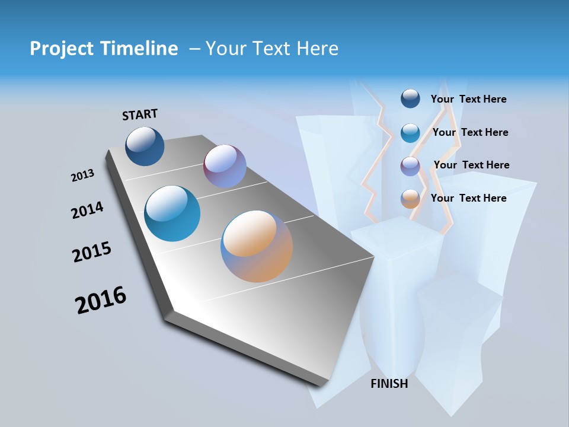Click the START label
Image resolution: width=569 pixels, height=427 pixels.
(x=140, y=114)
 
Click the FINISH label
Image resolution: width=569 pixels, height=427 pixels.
(x=389, y=384)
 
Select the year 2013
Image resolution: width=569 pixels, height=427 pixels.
(x=82, y=176)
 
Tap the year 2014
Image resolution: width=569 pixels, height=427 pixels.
(x=87, y=210)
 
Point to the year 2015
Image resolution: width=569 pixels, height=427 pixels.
(x=92, y=252)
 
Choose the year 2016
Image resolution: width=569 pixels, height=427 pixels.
(x=101, y=300)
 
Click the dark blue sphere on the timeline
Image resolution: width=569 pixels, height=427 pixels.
(x=145, y=146)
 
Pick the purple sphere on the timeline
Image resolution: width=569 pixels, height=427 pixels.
(x=225, y=165)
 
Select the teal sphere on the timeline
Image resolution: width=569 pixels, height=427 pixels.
(x=172, y=213)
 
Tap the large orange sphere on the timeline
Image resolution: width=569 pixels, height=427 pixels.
(x=257, y=246)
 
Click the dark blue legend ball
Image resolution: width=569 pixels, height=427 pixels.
(x=410, y=98)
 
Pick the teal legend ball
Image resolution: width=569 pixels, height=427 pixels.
(x=410, y=133)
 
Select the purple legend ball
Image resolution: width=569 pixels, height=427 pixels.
(x=410, y=166)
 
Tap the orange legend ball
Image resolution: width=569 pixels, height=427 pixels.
(x=410, y=199)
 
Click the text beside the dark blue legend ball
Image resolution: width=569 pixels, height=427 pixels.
(x=468, y=99)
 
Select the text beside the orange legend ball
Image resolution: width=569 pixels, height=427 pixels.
(x=468, y=198)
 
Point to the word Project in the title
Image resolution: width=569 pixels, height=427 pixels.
(x=59, y=49)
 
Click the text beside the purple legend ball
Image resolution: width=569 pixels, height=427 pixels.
(x=471, y=165)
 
